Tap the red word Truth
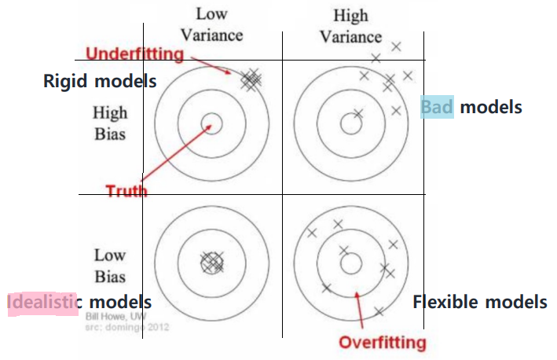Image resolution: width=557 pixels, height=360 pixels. (126, 189)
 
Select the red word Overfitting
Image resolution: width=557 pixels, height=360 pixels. (382, 343)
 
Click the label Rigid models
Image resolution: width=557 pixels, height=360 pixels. (100, 80)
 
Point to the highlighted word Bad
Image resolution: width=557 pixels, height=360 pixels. (437, 106)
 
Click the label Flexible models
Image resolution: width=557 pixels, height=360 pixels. (479, 301)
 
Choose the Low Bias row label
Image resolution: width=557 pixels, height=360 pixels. (109, 266)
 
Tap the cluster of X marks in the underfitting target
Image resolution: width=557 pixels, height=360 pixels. (251, 79)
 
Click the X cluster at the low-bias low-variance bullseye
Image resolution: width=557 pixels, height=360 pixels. (211, 263)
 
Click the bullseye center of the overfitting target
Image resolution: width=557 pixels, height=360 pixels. (350, 263)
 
